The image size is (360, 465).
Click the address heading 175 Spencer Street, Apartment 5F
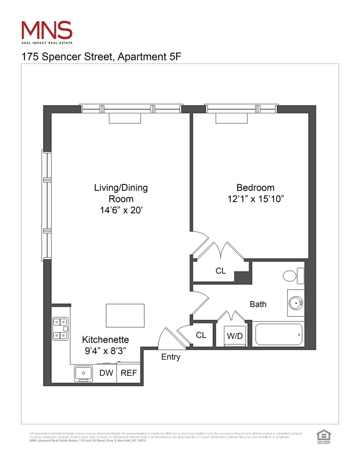[101, 57]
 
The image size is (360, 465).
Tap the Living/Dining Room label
[121, 193]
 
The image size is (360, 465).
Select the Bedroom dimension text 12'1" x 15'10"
[256, 199]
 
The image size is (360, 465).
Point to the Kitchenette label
[105, 340]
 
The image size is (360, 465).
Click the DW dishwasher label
[106, 373]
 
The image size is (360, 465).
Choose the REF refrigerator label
[129, 373]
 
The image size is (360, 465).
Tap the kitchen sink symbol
[83, 373]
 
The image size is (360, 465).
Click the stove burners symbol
[60, 329]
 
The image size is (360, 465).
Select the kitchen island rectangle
[125, 315]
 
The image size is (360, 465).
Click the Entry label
[171, 357]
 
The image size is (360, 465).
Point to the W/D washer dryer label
[235, 336]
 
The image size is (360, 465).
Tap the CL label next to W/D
[201, 335]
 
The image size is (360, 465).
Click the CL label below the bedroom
[221, 271]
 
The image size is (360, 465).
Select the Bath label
[258, 304]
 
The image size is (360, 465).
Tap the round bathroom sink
[296, 303]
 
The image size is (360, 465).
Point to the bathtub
[278, 334]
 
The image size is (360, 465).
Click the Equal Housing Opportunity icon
[323, 437]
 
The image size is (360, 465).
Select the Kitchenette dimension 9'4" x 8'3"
[105, 351]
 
